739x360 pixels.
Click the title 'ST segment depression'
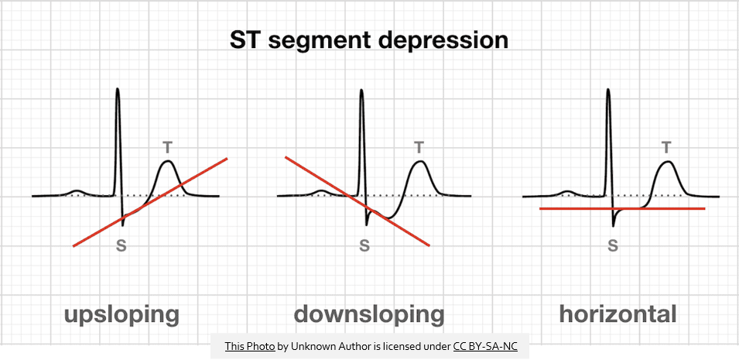pyautogui.click(x=369, y=40)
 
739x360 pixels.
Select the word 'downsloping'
pyautogui.click(x=369, y=314)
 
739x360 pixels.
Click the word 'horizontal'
pyautogui.click(x=618, y=314)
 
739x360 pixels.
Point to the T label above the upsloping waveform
pyautogui.click(x=168, y=148)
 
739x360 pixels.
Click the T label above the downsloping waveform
pyautogui.click(x=419, y=148)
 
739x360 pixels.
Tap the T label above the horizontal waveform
pyautogui.click(x=666, y=148)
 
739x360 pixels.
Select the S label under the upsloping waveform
pyautogui.click(x=121, y=246)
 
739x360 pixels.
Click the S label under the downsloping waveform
pyautogui.click(x=364, y=246)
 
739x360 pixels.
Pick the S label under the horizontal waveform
pyautogui.click(x=612, y=246)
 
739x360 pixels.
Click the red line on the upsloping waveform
pyautogui.click(x=150, y=202)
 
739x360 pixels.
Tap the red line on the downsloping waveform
pyautogui.click(x=358, y=201)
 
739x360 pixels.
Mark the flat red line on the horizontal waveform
pyautogui.click(x=622, y=208)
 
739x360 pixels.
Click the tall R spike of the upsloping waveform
pyautogui.click(x=118, y=142)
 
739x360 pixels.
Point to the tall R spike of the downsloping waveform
pyautogui.click(x=361, y=142)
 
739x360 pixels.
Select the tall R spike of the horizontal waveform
pyautogui.click(x=608, y=142)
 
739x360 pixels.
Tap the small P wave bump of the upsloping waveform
pyautogui.click(x=77, y=191)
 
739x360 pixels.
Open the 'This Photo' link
pyautogui.click(x=250, y=347)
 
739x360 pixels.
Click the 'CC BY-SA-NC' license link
pyautogui.click(x=485, y=347)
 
